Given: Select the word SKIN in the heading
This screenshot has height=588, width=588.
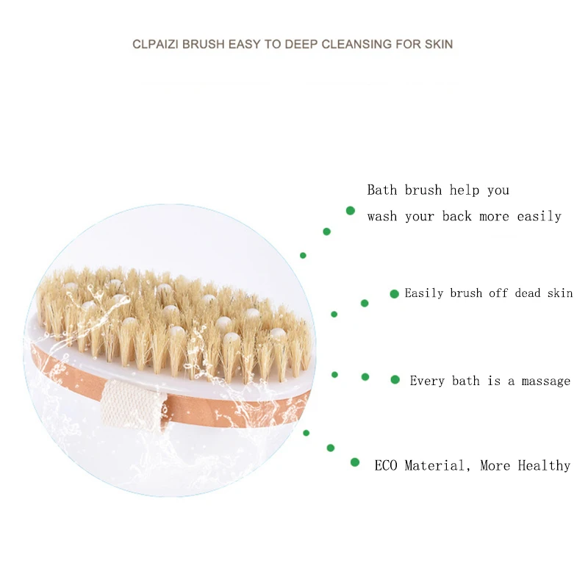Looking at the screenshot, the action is [x=439, y=44].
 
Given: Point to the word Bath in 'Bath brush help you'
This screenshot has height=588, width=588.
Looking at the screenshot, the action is [x=382, y=190].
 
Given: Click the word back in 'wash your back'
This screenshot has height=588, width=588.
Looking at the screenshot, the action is [x=458, y=216].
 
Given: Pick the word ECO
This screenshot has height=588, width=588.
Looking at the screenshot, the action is [x=386, y=465].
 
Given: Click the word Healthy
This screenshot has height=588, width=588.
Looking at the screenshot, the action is [x=544, y=465].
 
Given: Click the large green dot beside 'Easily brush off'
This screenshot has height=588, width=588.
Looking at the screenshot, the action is [x=395, y=293].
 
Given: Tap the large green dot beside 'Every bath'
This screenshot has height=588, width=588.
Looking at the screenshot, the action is [x=395, y=380].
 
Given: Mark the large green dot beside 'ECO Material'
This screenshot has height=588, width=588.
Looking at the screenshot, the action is [x=355, y=462].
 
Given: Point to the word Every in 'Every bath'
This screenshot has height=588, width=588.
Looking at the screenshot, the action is [x=426, y=381].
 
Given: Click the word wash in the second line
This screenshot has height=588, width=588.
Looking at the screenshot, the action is [x=382, y=216].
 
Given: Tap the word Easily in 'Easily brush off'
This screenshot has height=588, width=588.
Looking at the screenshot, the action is [x=425, y=293].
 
